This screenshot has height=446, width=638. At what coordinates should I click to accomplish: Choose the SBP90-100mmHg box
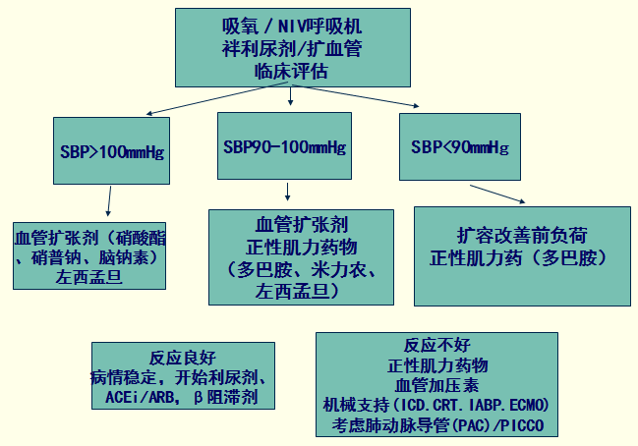pyautogui.click(x=285, y=146)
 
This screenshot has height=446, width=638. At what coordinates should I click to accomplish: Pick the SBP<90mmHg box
pyautogui.click(x=459, y=147)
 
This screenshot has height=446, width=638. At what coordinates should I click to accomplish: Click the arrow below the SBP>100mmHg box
pyautogui.click(x=108, y=201)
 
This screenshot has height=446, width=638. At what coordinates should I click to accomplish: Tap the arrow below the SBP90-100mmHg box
pyautogui.click(x=286, y=191)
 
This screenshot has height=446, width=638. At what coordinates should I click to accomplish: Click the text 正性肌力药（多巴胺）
pyautogui.click(x=522, y=257)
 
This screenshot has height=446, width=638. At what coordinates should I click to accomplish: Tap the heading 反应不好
pyautogui.click(x=438, y=346)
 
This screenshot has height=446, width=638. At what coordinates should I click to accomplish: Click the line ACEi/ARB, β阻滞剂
pyautogui.click(x=183, y=398)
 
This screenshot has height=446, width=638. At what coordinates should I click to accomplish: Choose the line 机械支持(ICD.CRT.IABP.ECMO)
pyautogui.click(x=438, y=406)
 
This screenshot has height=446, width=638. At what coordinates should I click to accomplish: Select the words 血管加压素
pyautogui.click(x=438, y=385)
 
